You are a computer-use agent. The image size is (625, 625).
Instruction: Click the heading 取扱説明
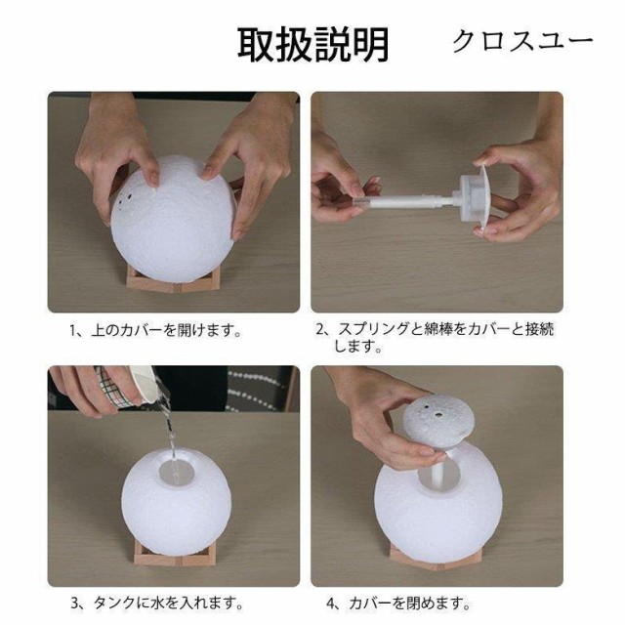312,45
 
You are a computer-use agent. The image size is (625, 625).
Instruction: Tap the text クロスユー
522,41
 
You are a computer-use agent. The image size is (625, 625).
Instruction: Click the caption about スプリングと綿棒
436,337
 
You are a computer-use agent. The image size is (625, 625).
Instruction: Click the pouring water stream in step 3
170,431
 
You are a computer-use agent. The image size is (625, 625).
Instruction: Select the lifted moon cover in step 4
437,420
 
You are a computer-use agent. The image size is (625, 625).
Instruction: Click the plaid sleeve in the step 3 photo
111,387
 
